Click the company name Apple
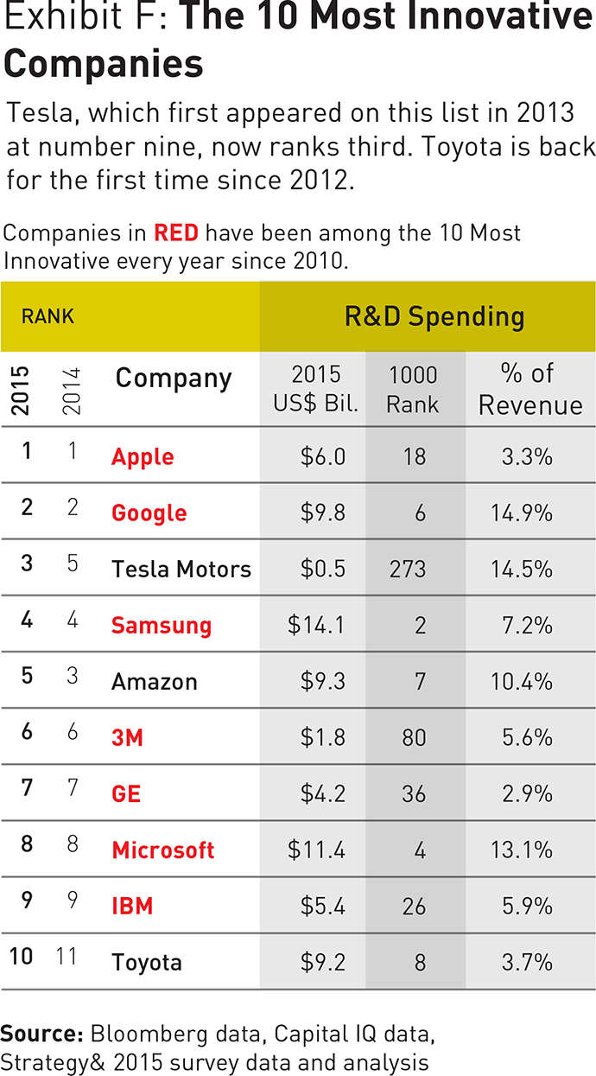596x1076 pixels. pyautogui.click(x=143, y=456)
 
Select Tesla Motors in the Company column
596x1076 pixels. pyautogui.click(x=181, y=569)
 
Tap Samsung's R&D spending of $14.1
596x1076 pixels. pyautogui.click(x=316, y=625)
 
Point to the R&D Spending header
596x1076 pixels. pyautogui.click(x=434, y=316)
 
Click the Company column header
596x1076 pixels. pyautogui.click(x=174, y=378)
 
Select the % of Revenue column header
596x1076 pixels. pyautogui.click(x=530, y=389)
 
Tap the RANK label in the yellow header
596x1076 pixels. pyautogui.click(x=48, y=316)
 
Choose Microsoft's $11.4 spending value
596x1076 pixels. pyautogui.click(x=316, y=850)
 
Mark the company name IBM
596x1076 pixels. pyautogui.click(x=132, y=906)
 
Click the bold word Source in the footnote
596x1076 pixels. pyautogui.click(x=41, y=1034)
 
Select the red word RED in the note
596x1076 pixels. pyautogui.click(x=176, y=233)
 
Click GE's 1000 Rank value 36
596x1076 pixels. pyautogui.click(x=414, y=793)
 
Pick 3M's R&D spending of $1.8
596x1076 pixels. pyautogui.click(x=322, y=737)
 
